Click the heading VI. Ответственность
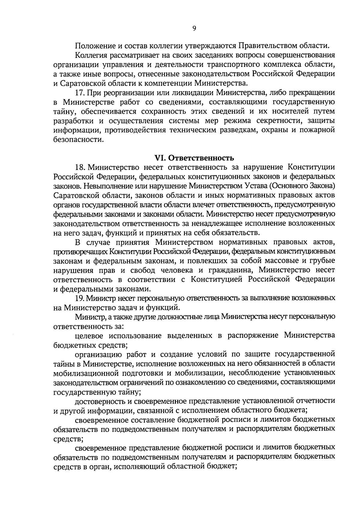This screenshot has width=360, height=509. [194, 158]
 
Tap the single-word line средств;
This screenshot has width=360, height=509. [68, 439]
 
